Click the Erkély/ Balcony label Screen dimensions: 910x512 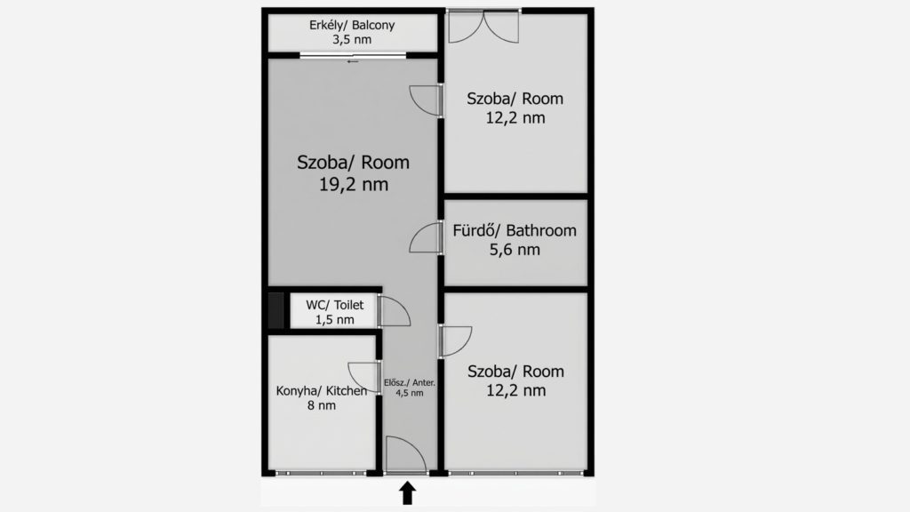(x=352, y=26)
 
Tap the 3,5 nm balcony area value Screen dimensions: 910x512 (x=352, y=39)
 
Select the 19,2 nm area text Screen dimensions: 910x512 (x=354, y=185)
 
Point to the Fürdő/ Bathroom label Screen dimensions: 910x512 (x=515, y=230)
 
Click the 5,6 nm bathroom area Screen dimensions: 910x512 (x=515, y=250)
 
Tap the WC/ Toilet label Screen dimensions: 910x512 (x=335, y=305)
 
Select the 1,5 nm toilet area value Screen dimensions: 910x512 (x=335, y=319)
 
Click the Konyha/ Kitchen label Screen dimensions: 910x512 (x=322, y=391)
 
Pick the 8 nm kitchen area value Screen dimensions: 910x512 (x=322, y=405)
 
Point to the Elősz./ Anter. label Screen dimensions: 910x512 (x=409, y=382)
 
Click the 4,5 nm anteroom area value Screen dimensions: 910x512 (x=409, y=393)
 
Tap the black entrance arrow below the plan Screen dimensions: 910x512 (x=407, y=492)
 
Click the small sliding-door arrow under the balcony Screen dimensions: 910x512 (x=353, y=61)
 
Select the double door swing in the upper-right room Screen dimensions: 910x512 (x=483, y=28)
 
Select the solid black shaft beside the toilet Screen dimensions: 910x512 (x=276, y=310)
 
